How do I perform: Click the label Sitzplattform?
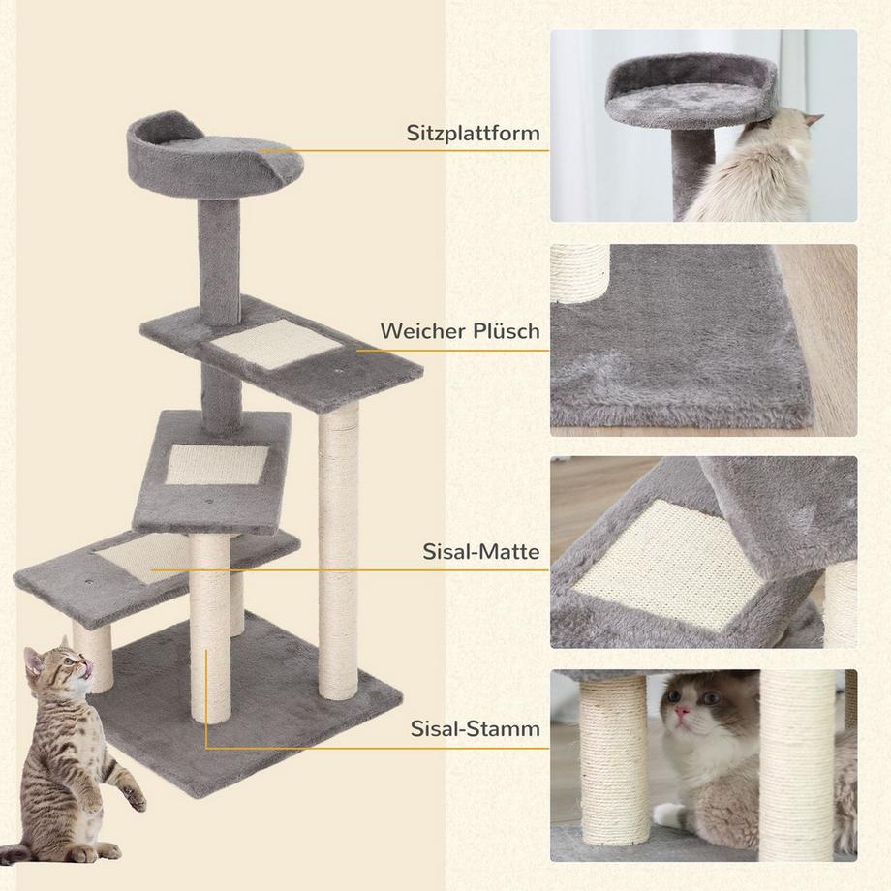point(473,133)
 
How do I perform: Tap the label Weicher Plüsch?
point(459,331)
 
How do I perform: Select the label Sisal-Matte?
point(480,552)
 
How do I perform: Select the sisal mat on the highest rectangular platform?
point(277,346)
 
